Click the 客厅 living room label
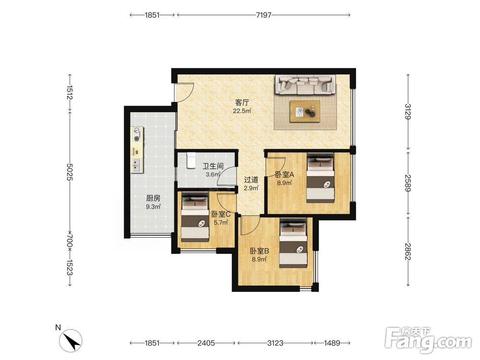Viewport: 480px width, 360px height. (242, 102)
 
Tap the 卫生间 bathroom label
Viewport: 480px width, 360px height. (213, 167)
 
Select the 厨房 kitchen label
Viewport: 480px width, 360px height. (153, 198)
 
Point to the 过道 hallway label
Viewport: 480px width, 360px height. (251, 180)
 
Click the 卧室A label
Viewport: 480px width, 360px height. (285, 175)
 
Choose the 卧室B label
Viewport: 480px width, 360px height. (260, 252)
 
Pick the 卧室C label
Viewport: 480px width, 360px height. (221, 214)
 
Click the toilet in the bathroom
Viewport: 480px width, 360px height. (191, 160)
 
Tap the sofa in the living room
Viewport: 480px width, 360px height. (305, 84)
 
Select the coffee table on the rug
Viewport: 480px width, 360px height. (305, 111)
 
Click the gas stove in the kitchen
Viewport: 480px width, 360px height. (138, 135)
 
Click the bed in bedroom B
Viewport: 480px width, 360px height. (293, 243)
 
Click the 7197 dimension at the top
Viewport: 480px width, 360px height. (264, 15)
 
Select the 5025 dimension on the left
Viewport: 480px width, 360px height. (70, 172)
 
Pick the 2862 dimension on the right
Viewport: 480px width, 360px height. (408, 252)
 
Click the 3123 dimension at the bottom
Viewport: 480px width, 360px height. (275, 343)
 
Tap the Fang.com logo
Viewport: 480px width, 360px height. (428, 340)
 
